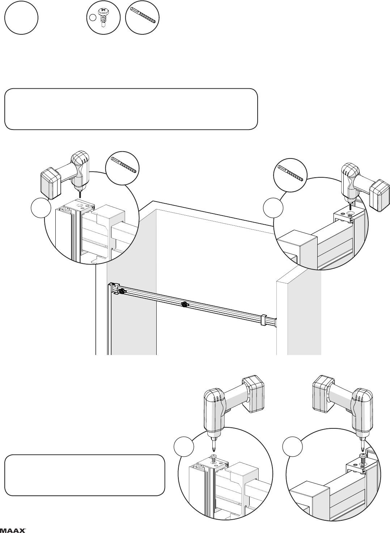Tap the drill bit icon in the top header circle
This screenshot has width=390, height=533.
[143, 17]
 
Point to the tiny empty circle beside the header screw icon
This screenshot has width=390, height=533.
[93, 17]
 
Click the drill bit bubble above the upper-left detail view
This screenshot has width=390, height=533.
[122, 168]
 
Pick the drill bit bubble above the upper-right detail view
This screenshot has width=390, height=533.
[290, 175]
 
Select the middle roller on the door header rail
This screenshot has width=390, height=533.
[185, 304]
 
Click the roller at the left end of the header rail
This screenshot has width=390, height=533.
[122, 291]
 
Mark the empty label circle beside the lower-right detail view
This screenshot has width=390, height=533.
[292, 447]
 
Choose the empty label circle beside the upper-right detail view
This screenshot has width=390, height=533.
[273, 208]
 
